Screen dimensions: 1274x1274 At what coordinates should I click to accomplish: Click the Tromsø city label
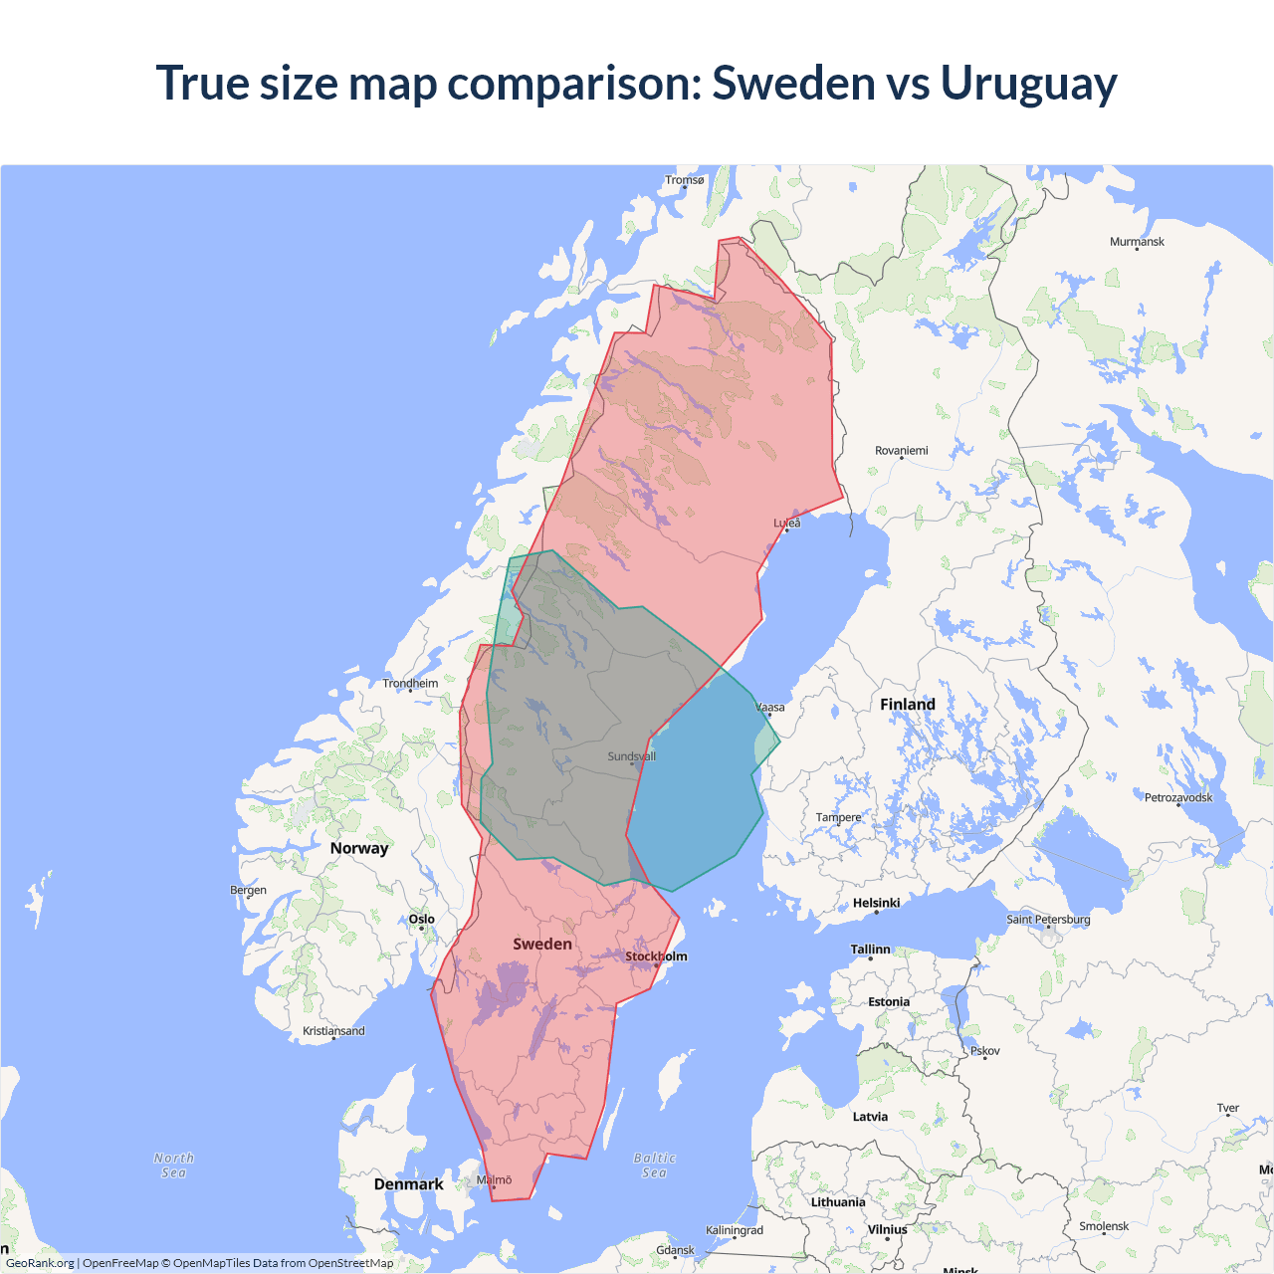click(685, 180)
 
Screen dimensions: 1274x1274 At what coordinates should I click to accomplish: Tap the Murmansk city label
click(1137, 242)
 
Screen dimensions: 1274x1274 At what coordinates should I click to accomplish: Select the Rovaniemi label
click(901, 451)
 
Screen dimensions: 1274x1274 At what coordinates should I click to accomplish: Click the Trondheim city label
click(410, 684)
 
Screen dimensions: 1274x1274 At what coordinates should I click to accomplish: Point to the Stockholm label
click(656, 956)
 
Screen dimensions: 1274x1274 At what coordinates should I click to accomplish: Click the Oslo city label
click(422, 920)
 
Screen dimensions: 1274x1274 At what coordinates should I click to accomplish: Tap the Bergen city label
click(248, 890)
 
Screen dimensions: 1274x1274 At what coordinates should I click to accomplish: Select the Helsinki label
click(876, 904)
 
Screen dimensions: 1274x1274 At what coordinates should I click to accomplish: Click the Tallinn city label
click(870, 950)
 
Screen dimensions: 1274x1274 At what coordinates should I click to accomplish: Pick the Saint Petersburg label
click(1048, 920)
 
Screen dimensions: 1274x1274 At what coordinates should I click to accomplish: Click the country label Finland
click(907, 705)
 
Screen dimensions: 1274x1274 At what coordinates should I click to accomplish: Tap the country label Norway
click(359, 848)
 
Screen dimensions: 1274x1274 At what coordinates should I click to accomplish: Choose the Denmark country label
click(408, 1184)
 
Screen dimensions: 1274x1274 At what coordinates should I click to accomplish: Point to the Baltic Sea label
click(654, 1166)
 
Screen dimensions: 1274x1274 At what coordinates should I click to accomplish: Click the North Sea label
click(174, 1166)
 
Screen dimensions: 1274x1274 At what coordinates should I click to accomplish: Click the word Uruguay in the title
click(1028, 83)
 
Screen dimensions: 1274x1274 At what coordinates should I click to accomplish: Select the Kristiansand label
click(333, 1031)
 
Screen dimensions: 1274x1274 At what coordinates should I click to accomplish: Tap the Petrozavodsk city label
click(1178, 798)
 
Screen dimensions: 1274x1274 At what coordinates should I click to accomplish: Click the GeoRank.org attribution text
click(40, 1263)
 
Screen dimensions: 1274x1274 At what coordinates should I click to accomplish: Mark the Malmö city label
click(494, 1180)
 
